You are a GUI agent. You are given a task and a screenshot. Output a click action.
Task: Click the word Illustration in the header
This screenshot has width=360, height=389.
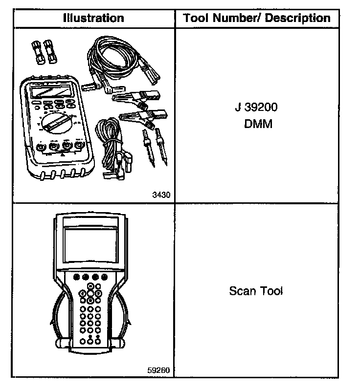pyautogui.click(x=93, y=19)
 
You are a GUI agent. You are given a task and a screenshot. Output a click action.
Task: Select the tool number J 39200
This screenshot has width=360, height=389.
pyautogui.click(x=257, y=108)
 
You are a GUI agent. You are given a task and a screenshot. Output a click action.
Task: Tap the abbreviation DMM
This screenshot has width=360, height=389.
pyautogui.click(x=257, y=124)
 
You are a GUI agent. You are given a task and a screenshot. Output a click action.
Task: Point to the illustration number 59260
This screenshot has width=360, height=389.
pyautogui.click(x=158, y=369)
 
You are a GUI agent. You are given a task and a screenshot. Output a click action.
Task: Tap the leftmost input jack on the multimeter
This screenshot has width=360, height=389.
pyautogui.click(x=40, y=146)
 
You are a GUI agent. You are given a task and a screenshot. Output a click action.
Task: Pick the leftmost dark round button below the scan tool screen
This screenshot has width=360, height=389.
pyautogui.click(x=76, y=277)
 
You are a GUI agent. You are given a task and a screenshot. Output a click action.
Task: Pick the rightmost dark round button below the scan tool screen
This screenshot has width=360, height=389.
pyautogui.click(x=104, y=277)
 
